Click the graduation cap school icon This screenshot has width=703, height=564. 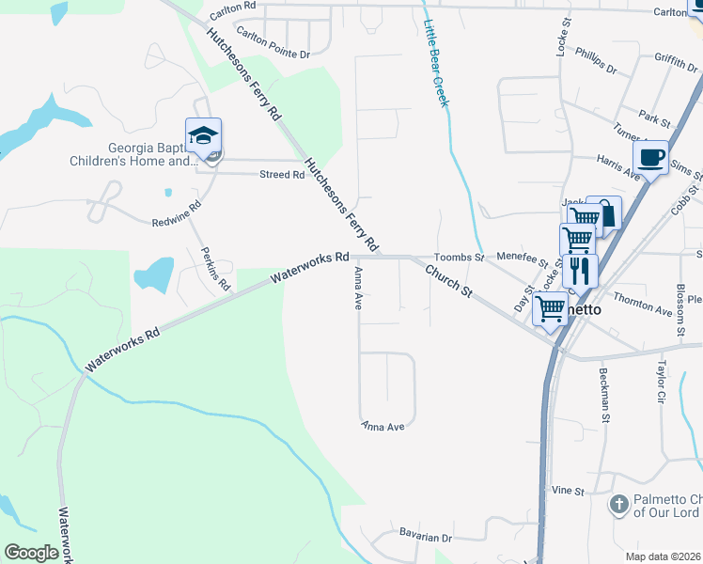[x=203, y=137]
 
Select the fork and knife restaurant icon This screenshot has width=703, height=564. [x=580, y=272]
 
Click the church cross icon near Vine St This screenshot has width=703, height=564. [x=618, y=505]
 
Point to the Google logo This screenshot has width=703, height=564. [x=31, y=552]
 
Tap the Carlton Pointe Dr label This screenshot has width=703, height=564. [x=273, y=42]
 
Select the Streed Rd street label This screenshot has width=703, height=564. [x=282, y=174]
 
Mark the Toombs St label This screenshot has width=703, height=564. [x=458, y=257]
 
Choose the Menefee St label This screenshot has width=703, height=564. [x=522, y=255]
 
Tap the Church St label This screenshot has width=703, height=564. [x=447, y=282]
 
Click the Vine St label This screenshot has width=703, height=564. [x=568, y=491]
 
